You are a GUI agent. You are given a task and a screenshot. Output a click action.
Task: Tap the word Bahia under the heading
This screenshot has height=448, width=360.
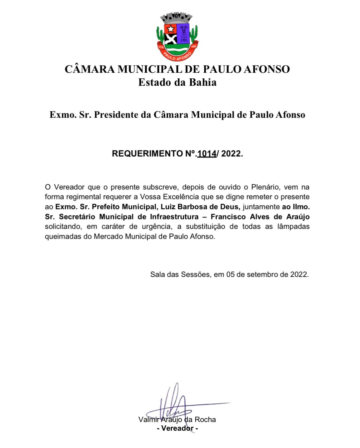203,82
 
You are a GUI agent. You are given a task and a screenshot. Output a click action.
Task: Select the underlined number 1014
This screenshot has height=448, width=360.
207,154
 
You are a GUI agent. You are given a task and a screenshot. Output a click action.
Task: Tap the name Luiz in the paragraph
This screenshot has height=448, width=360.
168,207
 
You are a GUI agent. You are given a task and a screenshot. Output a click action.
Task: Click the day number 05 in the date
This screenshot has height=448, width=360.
230,275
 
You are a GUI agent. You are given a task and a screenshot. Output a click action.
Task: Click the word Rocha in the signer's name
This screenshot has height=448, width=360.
205,420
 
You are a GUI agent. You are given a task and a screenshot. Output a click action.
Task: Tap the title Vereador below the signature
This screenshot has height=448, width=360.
177,428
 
